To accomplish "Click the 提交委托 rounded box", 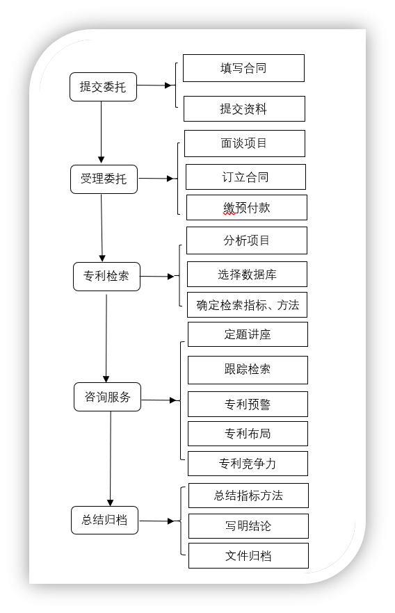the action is point(103,87).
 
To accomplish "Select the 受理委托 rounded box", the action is point(104,179).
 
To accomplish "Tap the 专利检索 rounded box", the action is point(106,277).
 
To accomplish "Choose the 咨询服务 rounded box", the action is point(107,397).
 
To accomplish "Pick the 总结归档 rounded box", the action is point(104,520).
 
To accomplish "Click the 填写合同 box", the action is point(243,68).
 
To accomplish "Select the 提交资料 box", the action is point(244,108).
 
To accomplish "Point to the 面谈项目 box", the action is point(245,143).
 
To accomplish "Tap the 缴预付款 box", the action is point(247,208).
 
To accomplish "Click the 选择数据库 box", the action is point(247,275).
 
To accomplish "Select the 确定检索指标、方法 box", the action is point(247,305).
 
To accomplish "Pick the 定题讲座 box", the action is point(248,334).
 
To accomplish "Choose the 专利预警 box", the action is point(248,404).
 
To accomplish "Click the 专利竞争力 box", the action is point(248,464).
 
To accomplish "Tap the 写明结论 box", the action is point(249,526).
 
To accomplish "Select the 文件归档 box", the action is point(249,555).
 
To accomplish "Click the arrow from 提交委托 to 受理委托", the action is point(102,132).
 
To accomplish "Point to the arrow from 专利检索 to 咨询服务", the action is point(106,338).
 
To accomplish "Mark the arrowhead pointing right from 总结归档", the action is point(170,521).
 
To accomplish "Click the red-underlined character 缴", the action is point(229,208).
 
